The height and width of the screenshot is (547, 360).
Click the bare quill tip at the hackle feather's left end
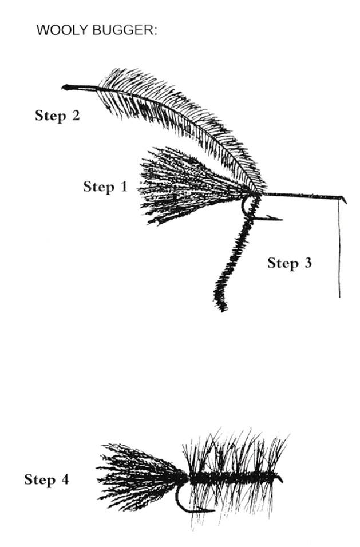(x=64, y=87)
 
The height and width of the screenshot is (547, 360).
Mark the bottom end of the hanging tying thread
(x=340, y=297)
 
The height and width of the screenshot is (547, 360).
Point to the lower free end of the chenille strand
(x=222, y=308)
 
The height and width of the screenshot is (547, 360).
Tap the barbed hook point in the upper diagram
(x=281, y=219)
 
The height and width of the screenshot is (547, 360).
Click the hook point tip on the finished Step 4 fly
(x=213, y=510)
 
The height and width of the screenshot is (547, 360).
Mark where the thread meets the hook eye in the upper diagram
(x=339, y=199)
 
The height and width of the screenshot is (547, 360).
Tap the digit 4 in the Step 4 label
(x=65, y=480)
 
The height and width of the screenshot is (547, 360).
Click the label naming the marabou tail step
(x=105, y=187)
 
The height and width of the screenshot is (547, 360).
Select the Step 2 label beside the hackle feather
(x=58, y=116)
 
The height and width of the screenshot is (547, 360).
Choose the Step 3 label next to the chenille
(x=290, y=263)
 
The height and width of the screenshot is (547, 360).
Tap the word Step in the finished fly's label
(x=39, y=481)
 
